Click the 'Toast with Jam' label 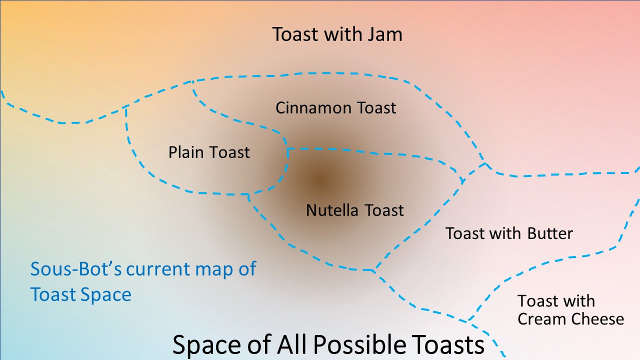click(x=337, y=34)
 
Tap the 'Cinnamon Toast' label click(x=335, y=108)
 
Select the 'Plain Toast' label click(x=209, y=152)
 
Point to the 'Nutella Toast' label click(x=355, y=210)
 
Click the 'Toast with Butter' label click(x=509, y=233)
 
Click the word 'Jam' click(x=385, y=34)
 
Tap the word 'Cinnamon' click(x=313, y=108)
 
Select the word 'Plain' click(x=185, y=152)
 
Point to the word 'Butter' click(x=550, y=233)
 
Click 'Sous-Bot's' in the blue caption click(x=76, y=269)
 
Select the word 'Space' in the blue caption click(x=105, y=295)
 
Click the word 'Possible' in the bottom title click(x=359, y=344)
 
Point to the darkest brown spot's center click(x=320, y=179)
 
